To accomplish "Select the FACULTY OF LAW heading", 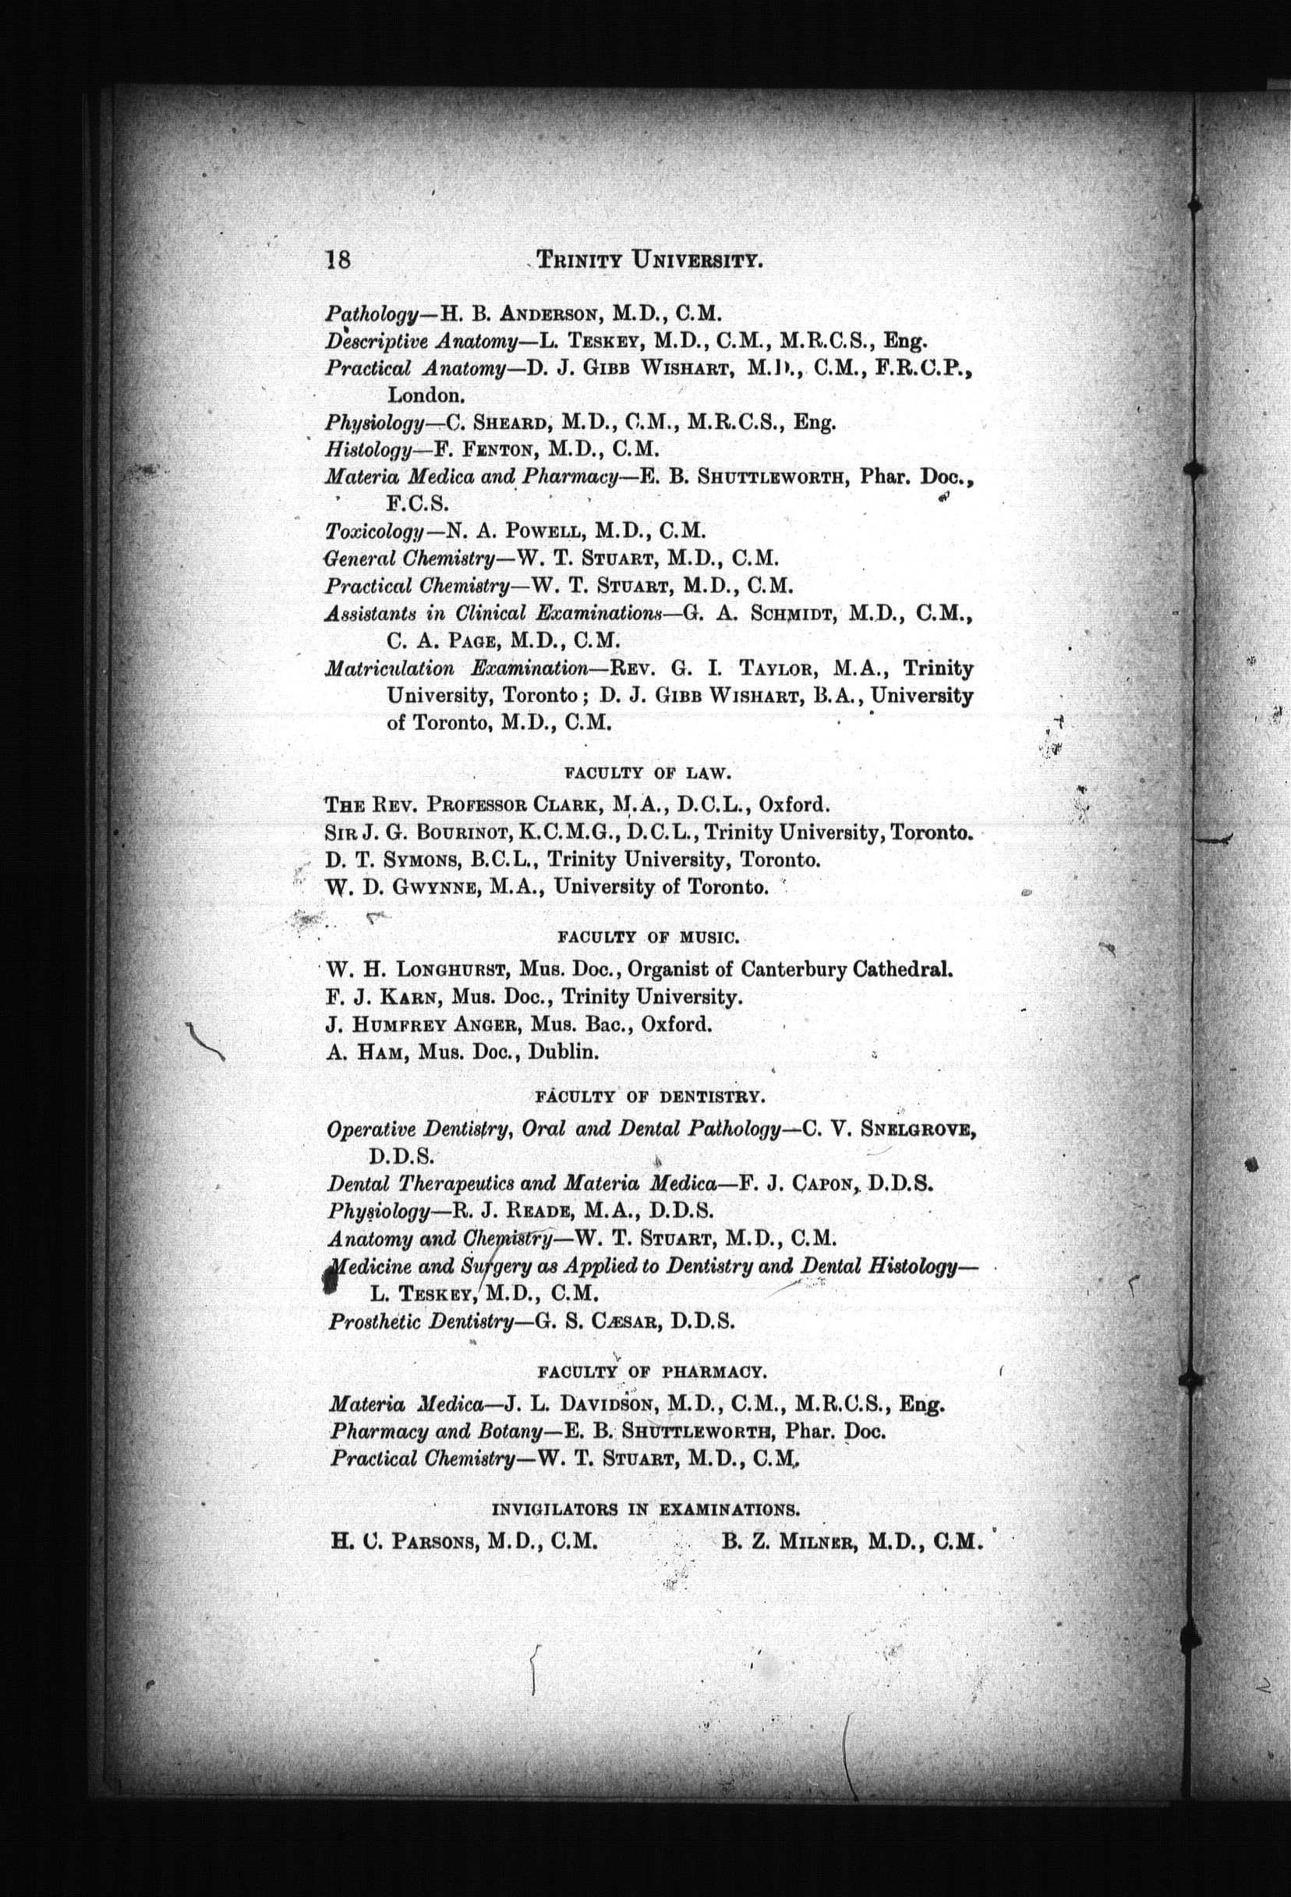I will (649, 771).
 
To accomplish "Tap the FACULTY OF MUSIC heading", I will (649, 937).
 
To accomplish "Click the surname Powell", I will (539, 531).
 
